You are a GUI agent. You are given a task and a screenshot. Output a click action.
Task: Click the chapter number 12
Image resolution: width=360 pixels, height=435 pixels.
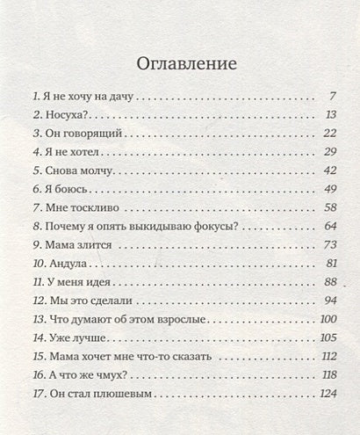(x=37, y=301)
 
